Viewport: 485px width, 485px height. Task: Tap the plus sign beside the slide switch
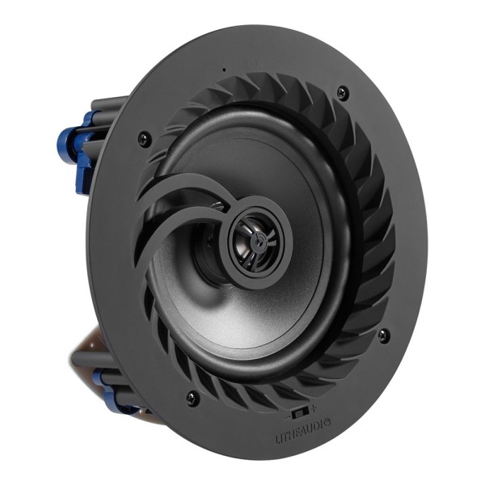click(313, 407)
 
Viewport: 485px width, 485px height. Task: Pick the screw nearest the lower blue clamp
click(192, 396)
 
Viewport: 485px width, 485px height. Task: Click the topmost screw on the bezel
click(342, 91)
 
